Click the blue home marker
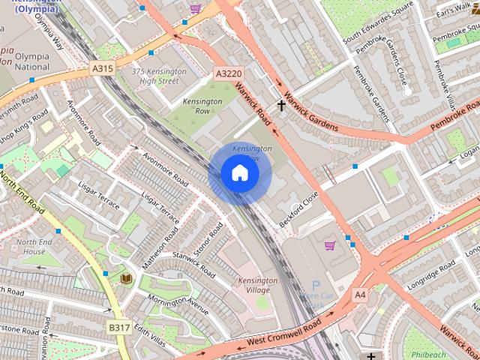click(x=239, y=173)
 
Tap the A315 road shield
click(x=103, y=68)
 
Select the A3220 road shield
click(x=228, y=73)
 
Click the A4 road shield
click(x=361, y=294)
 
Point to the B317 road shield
click(x=118, y=327)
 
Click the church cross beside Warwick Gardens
click(x=282, y=106)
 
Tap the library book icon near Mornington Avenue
click(x=125, y=278)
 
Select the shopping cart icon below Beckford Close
click(x=329, y=245)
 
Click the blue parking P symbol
click(x=316, y=286)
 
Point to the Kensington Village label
click(x=257, y=286)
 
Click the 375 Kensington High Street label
click(x=158, y=76)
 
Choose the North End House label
click(x=34, y=247)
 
